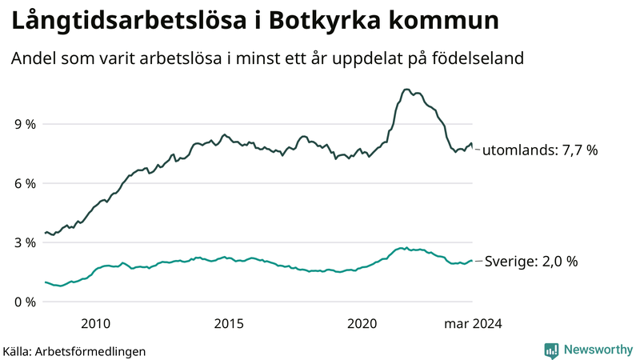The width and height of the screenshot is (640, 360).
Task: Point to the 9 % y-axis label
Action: click(26, 125)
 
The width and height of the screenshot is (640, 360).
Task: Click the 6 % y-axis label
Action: click(26, 184)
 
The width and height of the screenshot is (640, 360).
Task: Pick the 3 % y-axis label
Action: click(26, 243)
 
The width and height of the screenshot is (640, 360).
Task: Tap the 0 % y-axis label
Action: click(26, 302)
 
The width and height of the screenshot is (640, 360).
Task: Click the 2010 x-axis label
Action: click(95, 324)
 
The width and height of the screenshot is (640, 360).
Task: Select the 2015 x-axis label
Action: click(229, 324)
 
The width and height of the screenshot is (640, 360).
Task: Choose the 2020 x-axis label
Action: click(362, 324)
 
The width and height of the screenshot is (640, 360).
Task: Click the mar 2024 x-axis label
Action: click(473, 324)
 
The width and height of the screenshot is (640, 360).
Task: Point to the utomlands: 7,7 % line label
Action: click(540, 150)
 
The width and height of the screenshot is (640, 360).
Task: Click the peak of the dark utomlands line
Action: click(406, 90)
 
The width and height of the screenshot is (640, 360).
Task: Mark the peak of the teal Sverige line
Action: click(406, 248)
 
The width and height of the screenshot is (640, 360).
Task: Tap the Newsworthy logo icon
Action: click(551, 350)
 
